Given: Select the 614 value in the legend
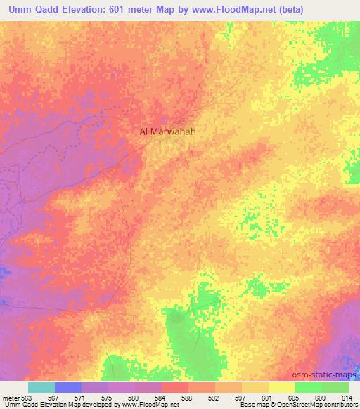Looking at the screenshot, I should pos(344,398).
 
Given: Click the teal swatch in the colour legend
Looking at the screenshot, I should pos(41,387).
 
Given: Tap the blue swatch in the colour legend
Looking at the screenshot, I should pos(68,387).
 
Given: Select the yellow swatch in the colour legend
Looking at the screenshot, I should pos(281,387).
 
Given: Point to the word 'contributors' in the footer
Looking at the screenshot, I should pos(341,405).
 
